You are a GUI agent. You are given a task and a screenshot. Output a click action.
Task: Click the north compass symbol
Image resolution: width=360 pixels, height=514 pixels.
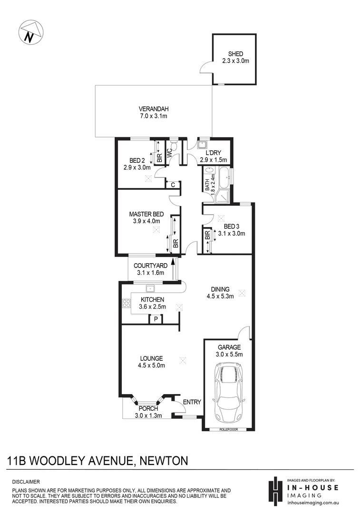31,33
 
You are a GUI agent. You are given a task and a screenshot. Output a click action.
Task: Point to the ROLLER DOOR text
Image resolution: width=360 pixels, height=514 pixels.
228,429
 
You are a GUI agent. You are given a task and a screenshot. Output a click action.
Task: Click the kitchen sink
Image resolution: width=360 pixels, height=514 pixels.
150,288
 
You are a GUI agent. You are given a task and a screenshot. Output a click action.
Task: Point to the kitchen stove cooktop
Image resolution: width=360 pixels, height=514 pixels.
126,303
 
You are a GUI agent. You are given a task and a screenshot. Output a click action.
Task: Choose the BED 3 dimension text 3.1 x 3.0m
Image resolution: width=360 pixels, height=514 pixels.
231,234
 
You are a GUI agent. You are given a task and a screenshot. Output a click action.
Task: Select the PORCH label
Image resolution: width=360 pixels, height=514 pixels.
148,408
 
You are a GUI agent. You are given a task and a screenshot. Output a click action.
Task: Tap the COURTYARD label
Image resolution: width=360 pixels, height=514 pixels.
150,266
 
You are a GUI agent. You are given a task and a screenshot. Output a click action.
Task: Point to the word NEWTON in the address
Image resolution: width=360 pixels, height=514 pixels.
165,460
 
